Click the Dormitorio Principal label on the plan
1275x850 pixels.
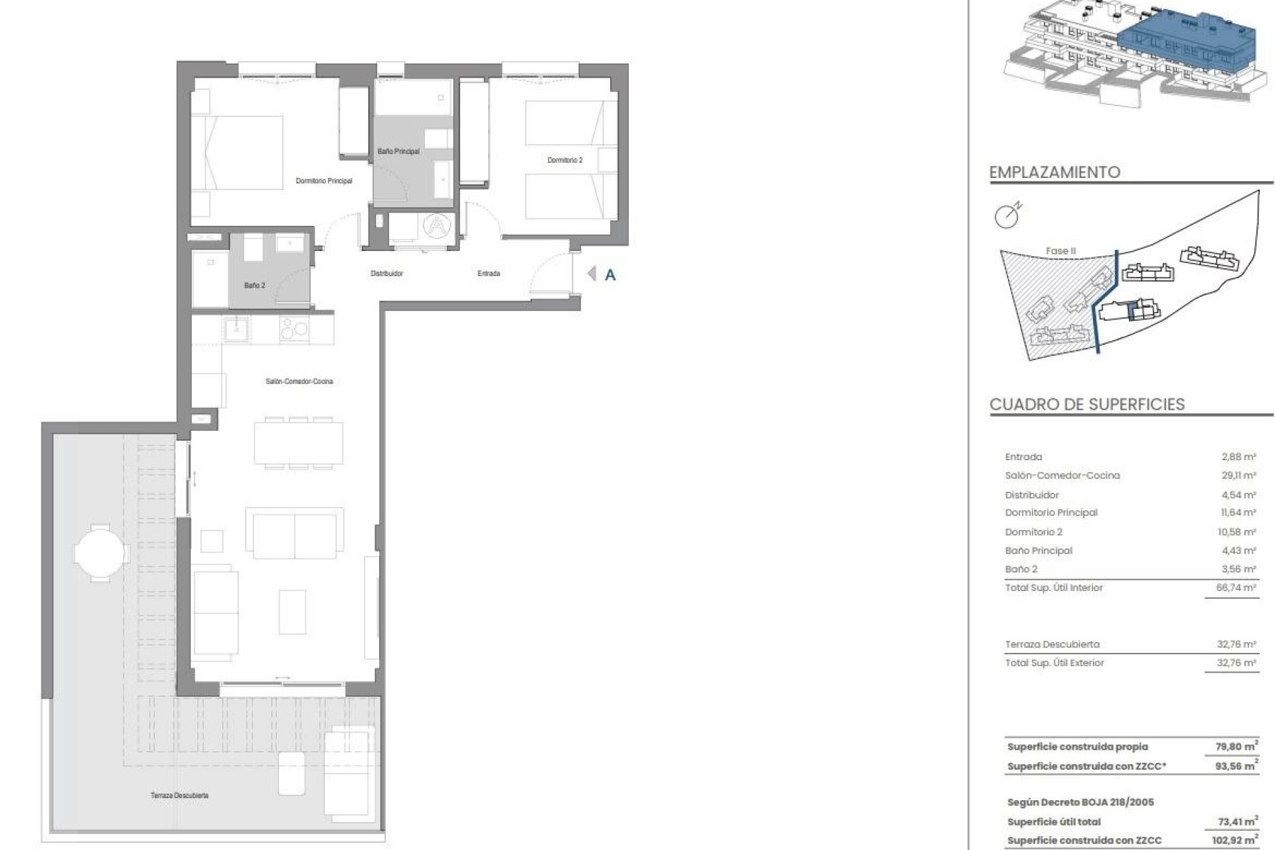pyautogui.click(x=324, y=181)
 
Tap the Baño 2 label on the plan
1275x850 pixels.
pyautogui.click(x=254, y=286)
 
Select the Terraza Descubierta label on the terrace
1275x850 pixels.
pyautogui.click(x=179, y=795)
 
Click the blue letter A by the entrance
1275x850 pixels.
pyautogui.click(x=610, y=275)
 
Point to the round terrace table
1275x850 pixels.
pyautogui.click(x=99, y=552)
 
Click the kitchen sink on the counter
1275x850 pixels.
pyautogui.click(x=236, y=329)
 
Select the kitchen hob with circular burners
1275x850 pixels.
pyautogui.click(x=294, y=329)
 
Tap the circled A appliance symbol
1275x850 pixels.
pyautogui.click(x=436, y=226)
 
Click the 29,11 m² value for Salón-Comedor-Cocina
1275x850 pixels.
pyautogui.click(x=1238, y=475)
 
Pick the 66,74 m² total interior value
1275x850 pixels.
pyautogui.click(x=1238, y=588)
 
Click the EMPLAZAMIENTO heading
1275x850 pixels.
pyautogui.click(x=1055, y=173)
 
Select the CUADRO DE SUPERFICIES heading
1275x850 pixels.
pyautogui.click(x=1086, y=404)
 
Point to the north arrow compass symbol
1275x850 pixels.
pyautogui.click(x=1007, y=216)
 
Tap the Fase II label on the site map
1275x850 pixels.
pyautogui.click(x=1060, y=251)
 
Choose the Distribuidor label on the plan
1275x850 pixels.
pyautogui.click(x=386, y=274)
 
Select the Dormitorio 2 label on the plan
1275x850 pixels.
pyautogui.click(x=564, y=160)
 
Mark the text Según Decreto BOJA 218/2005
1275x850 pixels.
pyautogui.click(x=1080, y=802)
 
